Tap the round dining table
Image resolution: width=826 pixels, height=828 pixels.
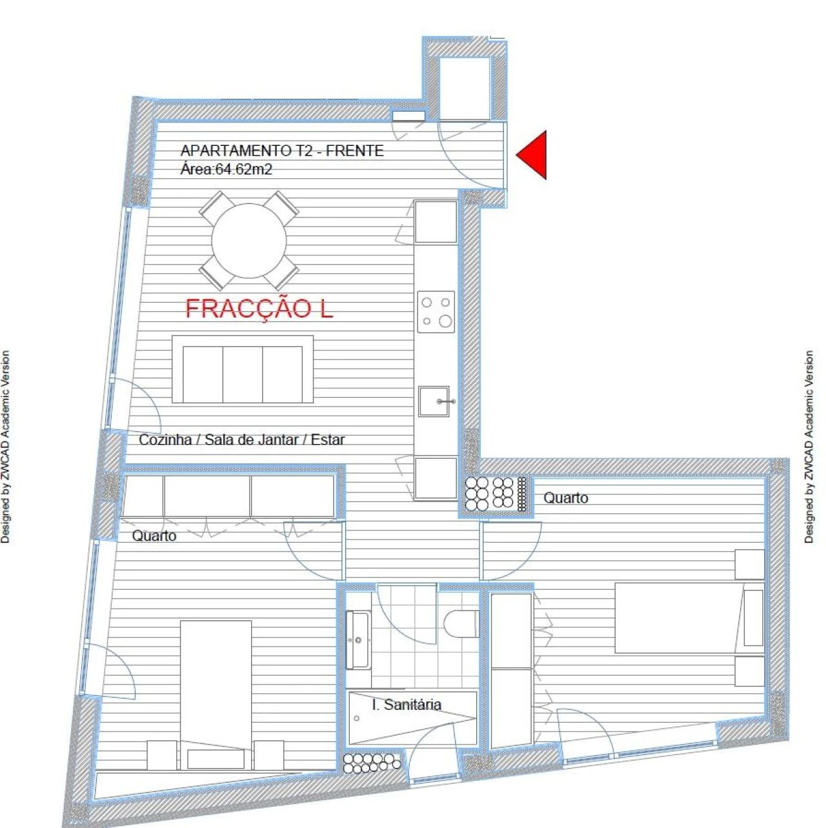pyautogui.click(x=249, y=241)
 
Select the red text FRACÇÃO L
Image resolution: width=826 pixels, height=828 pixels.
pyautogui.click(x=259, y=309)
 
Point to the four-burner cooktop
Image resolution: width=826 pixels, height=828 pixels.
pyautogui.click(x=436, y=312)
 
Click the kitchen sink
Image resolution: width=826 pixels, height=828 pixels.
pyautogui.click(x=434, y=401)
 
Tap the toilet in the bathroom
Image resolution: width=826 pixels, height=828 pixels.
pyautogui.click(x=459, y=623)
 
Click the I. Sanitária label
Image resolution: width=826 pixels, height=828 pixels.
pyautogui.click(x=407, y=705)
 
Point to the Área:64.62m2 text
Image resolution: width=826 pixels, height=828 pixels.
pyautogui.click(x=226, y=170)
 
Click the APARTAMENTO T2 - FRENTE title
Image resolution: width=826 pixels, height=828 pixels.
pyautogui.click(x=282, y=151)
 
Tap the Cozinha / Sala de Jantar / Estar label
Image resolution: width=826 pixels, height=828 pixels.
pyautogui.click(x=242, y=440)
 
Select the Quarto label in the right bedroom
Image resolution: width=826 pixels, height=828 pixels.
pyautogui.click(x=565, y=498)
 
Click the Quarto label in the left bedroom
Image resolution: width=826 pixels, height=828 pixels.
pyautogui.click(x=154, y=536)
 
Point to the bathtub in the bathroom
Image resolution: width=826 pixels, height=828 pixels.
pyautogui.click(x=412, y=718)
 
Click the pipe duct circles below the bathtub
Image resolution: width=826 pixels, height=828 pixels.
pyautogui.click(x=371, y=763)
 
